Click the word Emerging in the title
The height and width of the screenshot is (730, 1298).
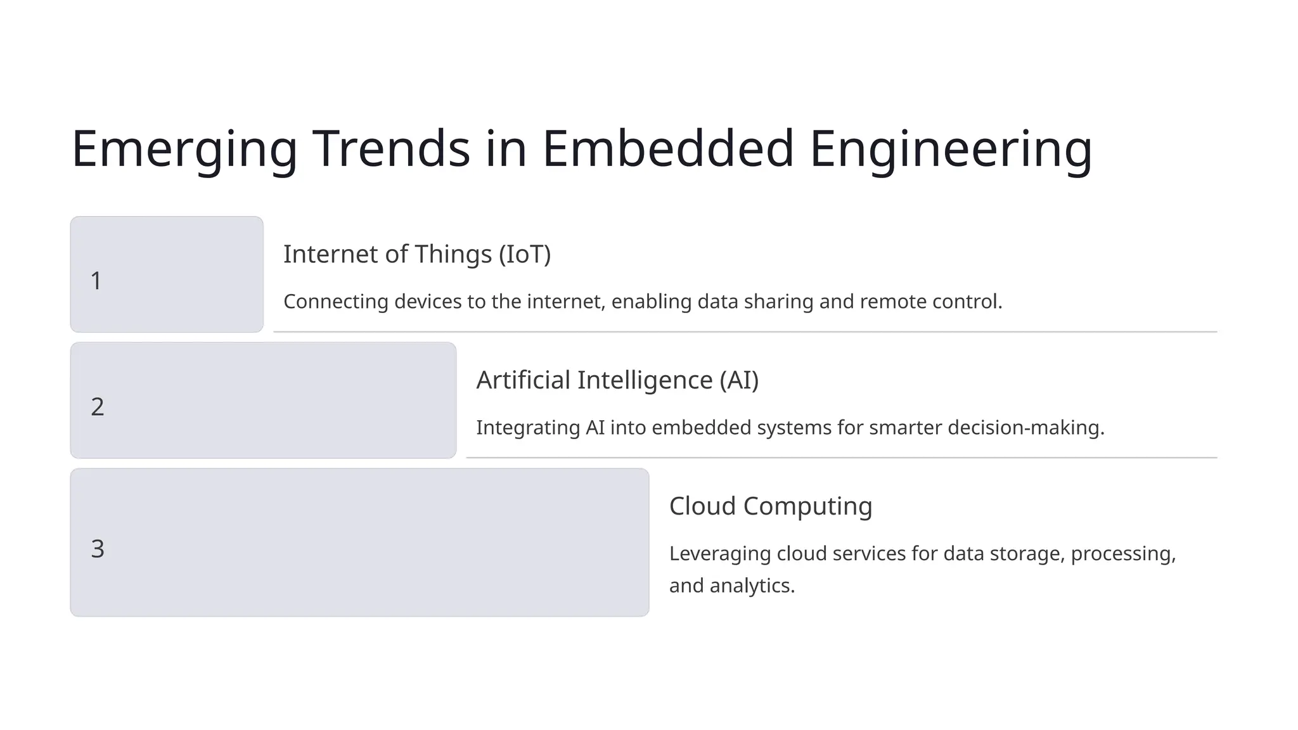[x=184, y=150]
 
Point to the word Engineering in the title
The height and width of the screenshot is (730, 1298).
[x=951, y=150]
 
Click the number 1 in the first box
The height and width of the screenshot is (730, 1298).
[x=96, y=281]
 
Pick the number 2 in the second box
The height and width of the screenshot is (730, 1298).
[x=97, y=407]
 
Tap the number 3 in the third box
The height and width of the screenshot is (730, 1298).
[x=97, y=549]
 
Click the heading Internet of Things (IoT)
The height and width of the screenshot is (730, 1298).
[x=417, y=254]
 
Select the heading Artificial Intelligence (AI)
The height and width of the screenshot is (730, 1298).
[x=617, y=380]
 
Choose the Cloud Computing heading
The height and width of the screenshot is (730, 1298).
[x=771, y=506]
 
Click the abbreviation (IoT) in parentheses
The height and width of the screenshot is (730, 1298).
[x=525, y=254]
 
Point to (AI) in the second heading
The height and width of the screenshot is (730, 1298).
[x=739, y=380]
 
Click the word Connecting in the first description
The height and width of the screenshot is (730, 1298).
[x=336, y=302]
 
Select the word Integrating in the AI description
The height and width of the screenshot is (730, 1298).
[x=528, y=428]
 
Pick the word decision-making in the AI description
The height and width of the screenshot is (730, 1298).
[x=1026, y=428]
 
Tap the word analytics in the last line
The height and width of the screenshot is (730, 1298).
[x=752, y=586]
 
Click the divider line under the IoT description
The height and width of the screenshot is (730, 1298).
[x=745, y=331]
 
